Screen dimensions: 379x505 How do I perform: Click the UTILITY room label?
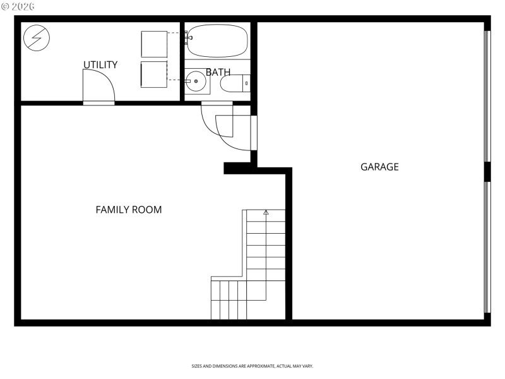click(x=100, y=65)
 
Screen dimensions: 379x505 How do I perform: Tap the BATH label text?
click(x=218, y=72)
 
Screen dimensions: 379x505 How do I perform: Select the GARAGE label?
click(x=379, y=167)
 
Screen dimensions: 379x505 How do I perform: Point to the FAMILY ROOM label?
click(x=129, y=210)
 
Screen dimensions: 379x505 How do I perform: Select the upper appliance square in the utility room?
click(x=154, y=43)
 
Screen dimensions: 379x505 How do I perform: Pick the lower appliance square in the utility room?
click(x=154, y=75)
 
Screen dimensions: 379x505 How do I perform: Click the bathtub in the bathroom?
click(x=218, y=41)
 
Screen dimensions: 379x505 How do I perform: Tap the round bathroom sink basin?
click(x=195, y=81)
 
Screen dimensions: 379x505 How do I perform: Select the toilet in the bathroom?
click(x=235, y=83)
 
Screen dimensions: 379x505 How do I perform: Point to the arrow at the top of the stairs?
click(x=266, y=213)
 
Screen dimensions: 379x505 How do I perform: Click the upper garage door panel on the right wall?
click(x=487, y=95)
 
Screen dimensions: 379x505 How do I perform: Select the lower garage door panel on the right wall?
click(x=487, y=246)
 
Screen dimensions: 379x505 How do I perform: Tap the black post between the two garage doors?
click(x=487, y=171)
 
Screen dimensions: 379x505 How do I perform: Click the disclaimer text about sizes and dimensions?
click(x=252, y=366)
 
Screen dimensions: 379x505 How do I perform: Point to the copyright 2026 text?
click(x=18, y=6)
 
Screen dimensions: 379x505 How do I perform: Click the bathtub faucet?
click(x=188, y=39)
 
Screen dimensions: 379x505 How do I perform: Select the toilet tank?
click(x=246, y=83)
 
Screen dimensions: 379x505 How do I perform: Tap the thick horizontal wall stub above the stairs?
click(x=240, y=168)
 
